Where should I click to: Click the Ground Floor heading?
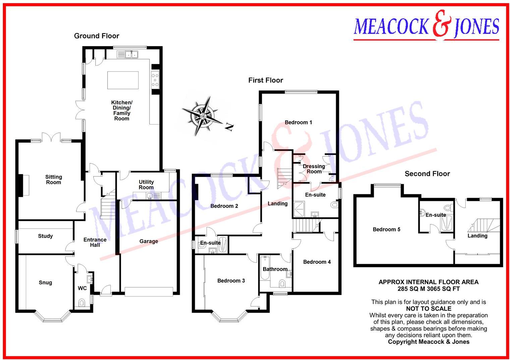tap(97, 36)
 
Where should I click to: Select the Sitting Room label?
tap(54, 179)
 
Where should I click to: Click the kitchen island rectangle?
tap(123, 80)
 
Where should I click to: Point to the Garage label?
tap(149, 241)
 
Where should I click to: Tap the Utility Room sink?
tap(150, 196)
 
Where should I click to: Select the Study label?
tap(45, 236)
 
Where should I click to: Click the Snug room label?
tap(45, 282)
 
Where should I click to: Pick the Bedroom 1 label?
tap(298, 122)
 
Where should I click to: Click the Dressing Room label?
tap(314, 169)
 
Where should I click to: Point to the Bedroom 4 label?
tap(317, 262)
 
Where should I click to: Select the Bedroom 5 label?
tap(386, 229)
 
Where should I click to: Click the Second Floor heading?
tap(427, 174)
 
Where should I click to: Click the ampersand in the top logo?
tap(442, 24)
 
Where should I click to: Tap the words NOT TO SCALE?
tap(429, 309)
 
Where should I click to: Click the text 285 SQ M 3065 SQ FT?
tap(429, 289)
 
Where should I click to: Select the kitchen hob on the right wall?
tap(155, 80)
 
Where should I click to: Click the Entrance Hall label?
tap(95, 242)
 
